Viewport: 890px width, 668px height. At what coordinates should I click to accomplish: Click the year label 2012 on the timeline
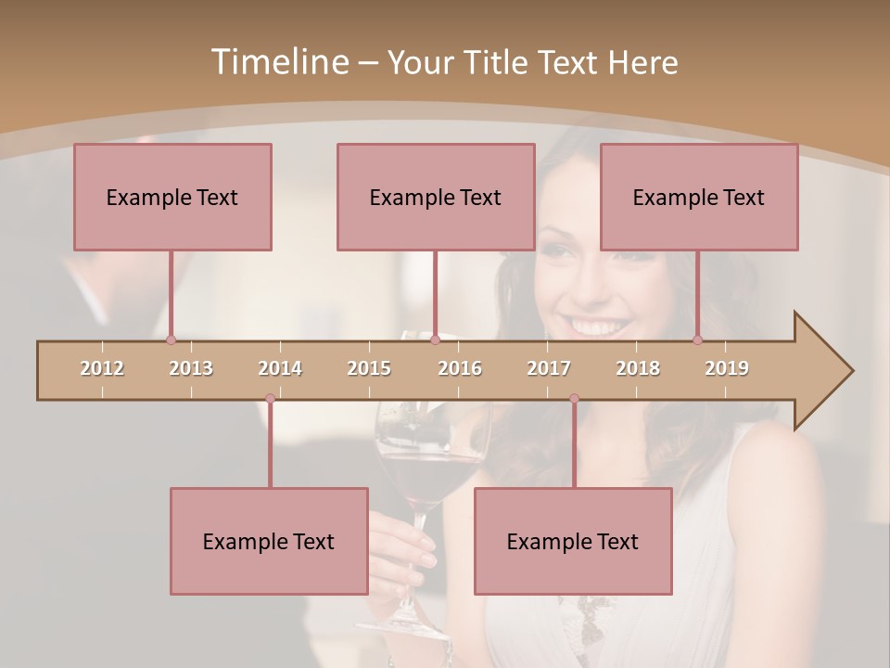(x=102, y=368)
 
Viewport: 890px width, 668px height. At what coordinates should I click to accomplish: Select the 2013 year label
(x=191, y=368)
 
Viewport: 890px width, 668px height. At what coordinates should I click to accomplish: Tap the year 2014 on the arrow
(x=280, y=368)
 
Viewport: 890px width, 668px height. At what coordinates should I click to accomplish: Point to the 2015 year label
(x=369, y=368)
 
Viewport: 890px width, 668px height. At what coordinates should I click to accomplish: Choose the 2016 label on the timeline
(x=460, y=368)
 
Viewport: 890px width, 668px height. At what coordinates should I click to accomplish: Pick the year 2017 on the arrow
(x=549, y=368)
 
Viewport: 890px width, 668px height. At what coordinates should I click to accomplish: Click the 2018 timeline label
(x=638, y=368)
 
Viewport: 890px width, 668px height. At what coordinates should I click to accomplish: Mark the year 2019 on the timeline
(x=727, y=368)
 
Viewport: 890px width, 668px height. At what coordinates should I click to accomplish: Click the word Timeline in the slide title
(x=278, y=62)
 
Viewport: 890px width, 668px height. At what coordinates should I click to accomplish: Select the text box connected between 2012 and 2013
(x=172, y=197)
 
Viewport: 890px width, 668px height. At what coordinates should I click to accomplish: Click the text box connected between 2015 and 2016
(x=436, y=197)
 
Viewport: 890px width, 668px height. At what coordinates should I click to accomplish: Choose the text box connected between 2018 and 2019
(x=699, y=197)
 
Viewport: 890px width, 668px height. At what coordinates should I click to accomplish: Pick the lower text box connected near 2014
(x=269, y=541)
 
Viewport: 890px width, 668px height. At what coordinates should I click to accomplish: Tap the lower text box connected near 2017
(x=573, y=541)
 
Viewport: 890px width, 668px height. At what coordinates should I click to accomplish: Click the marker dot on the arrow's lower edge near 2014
(x=270, y=399)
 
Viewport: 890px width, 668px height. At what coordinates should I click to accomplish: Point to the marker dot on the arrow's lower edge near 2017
(x=574, y=399)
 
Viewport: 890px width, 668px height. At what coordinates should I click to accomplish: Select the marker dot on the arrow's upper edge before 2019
(x=697, y=340)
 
